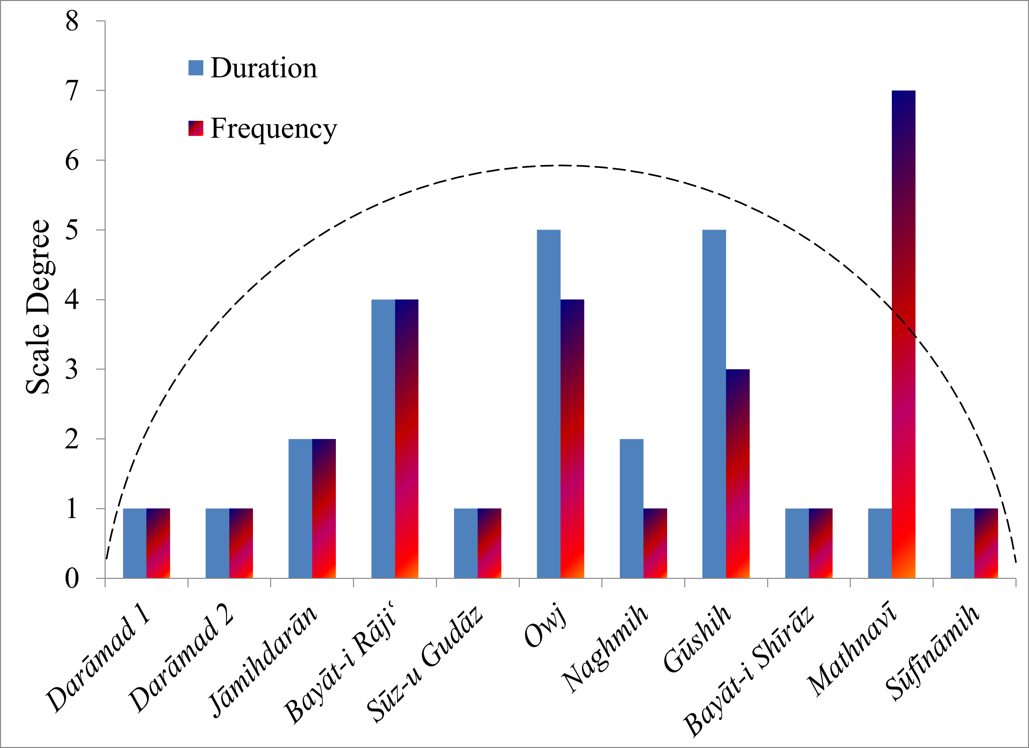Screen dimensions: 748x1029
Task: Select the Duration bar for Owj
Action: pos(548,404)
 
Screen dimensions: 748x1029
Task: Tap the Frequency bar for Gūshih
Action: pos(738,474)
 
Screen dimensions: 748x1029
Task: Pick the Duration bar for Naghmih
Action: pos(632,508)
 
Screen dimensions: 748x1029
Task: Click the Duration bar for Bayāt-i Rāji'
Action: pos(383,439)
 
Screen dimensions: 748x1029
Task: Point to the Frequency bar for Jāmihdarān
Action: pos(324,508)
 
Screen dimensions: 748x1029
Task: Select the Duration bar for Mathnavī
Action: pos(880,543)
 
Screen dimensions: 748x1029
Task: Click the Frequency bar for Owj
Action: pos(572,439)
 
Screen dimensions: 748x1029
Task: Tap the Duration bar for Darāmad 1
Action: pos(135,543)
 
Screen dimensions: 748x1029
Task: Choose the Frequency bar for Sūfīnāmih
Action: pos(986,543)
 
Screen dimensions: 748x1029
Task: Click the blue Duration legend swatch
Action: pos(195,68)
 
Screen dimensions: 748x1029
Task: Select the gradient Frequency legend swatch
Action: pos(195,128)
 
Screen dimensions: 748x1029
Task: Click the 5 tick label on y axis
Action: pos(72,230)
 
